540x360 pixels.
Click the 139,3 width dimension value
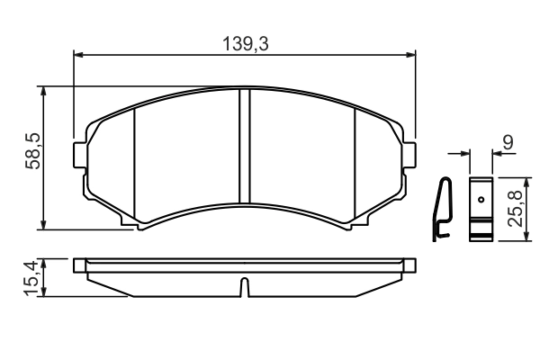(x=245, y=44)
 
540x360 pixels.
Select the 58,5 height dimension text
(x=33, y=151)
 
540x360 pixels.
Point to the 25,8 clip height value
(x=516, y=209)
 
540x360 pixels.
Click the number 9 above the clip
(x=508, y=142)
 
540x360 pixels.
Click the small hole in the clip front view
(x=481, y=199)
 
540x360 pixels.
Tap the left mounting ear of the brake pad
(x=80, y=156)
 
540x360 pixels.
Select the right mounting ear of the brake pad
(x=409, y=156)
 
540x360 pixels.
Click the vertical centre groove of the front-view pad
(x=245, y=146)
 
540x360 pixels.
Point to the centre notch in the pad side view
(x=244, y=286)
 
